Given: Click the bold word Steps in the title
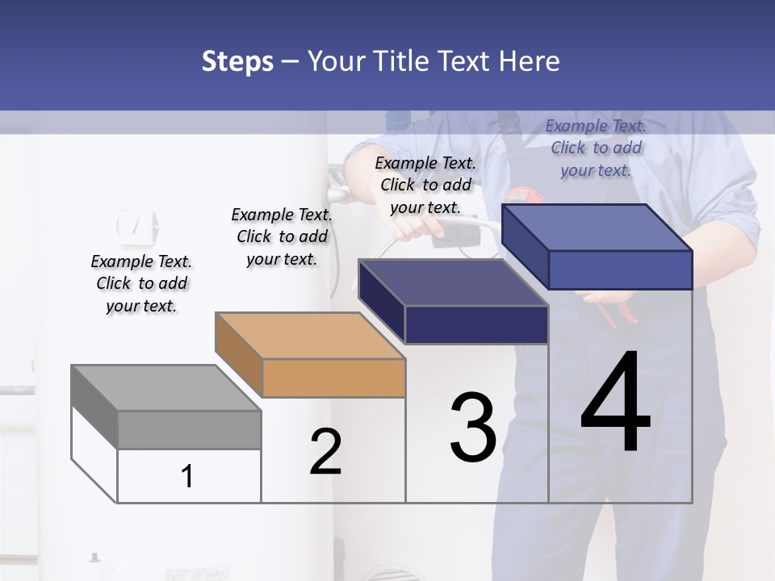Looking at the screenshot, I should coord(237,61).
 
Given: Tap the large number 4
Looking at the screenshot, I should coord(615,403).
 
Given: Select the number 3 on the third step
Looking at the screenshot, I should coord(473,428).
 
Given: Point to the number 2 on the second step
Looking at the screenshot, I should coord(325,452).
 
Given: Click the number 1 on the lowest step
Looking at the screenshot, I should coord(187,476).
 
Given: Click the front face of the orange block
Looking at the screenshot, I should coord(334,378).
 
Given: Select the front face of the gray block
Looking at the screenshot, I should coord(190,429).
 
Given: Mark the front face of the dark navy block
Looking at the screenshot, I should coord(477,324).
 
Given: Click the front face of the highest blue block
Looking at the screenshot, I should coord(620,270).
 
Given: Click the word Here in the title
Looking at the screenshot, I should coord(530,61).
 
